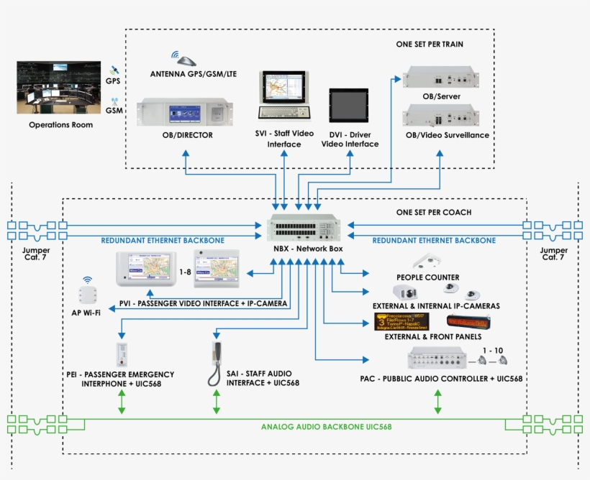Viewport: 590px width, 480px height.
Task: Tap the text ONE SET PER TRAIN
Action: [430, 44]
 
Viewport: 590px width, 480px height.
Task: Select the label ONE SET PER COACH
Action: [433, 212]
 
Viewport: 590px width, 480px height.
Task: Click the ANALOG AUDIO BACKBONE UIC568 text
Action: [326, 427]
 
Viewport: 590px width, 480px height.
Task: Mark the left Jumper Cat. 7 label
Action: [36, 254]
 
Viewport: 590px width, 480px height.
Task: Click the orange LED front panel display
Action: [468, 321]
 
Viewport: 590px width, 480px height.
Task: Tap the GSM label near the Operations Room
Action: [114, 111]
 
